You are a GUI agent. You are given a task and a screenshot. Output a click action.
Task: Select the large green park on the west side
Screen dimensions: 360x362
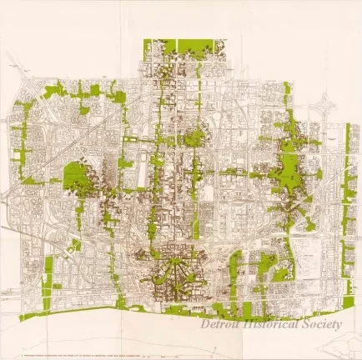click(x=78, y=175)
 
